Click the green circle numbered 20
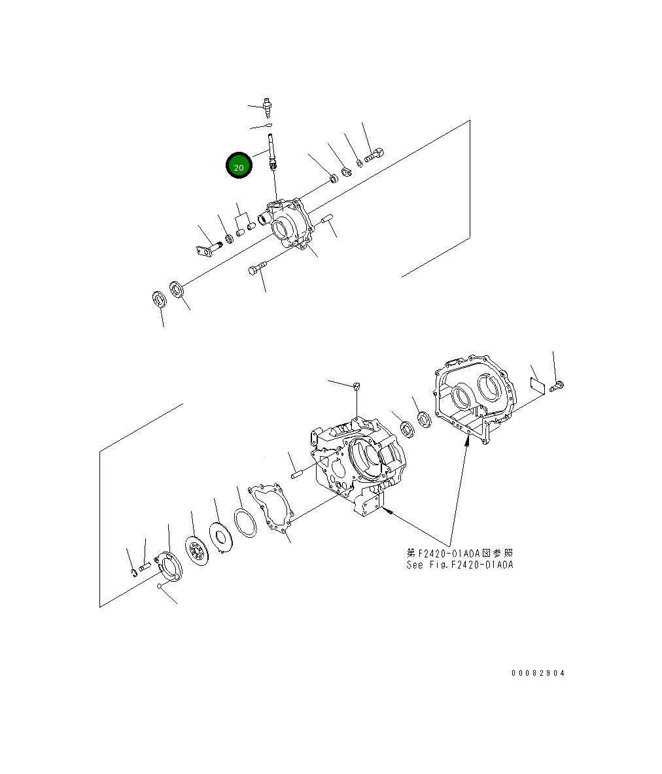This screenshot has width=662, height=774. [239, 166]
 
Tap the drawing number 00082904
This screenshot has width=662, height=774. [538, 673]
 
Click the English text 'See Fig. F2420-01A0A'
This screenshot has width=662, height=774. [460, 565]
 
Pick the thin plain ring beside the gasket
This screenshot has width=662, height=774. [245, 523]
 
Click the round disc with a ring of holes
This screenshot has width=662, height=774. [197, 550]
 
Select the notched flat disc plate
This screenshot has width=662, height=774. [220, 538]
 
